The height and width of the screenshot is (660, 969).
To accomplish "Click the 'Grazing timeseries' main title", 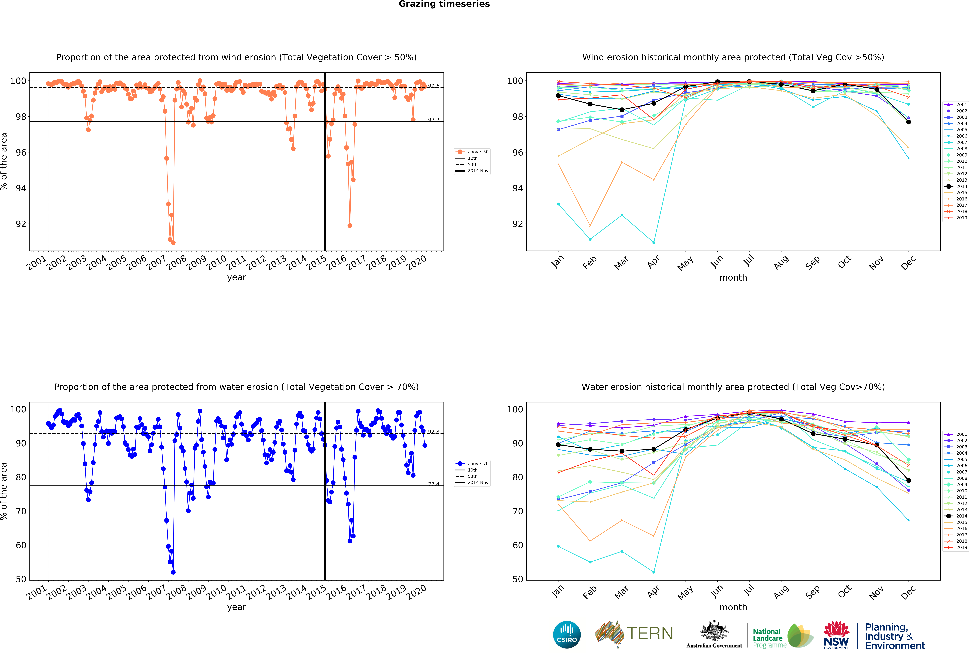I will (444, 4).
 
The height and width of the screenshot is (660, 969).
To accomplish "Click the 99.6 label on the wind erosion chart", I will (434, 86).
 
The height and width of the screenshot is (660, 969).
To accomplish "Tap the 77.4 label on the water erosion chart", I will (434, 484).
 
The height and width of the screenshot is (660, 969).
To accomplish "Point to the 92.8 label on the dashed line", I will (434, 432).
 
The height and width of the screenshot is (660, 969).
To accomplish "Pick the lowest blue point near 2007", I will (173, 572).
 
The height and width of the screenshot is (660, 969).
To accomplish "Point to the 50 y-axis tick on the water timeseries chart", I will (21, 579).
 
